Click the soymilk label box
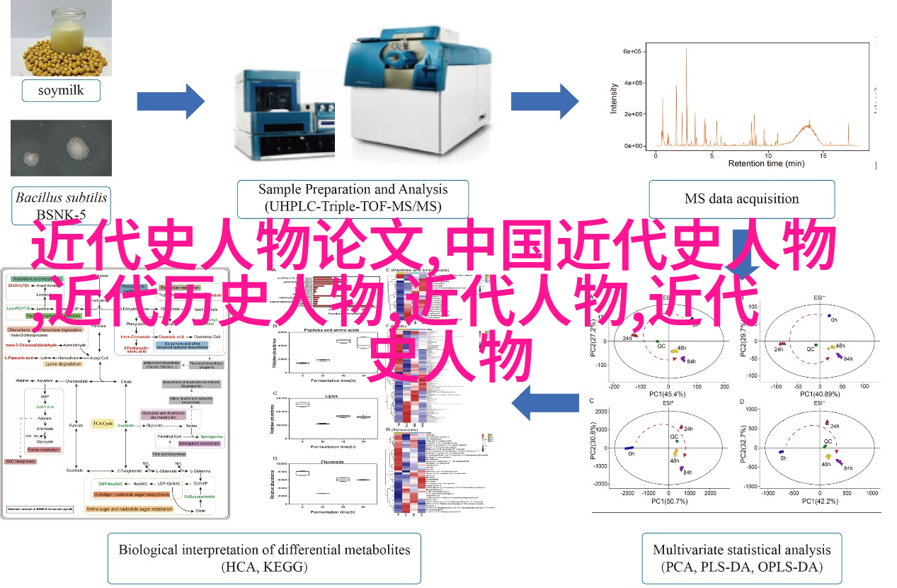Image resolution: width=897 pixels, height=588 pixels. coord(60,91)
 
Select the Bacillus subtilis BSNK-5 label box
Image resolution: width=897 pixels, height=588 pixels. coord(62,205)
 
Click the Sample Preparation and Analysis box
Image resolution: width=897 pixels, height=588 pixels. coord(353,198)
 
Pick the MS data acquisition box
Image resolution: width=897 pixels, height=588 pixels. coord(741,199)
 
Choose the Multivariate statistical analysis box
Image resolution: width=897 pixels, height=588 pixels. coord(742,558)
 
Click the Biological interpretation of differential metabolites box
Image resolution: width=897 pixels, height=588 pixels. coord(264,558)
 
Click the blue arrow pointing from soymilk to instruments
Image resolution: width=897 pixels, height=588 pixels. coord(170,101)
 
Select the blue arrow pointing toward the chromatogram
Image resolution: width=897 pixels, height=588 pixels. coord(545,101)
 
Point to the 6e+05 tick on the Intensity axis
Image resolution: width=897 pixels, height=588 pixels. coord(632,52)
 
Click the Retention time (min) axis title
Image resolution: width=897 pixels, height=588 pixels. coord(766,164)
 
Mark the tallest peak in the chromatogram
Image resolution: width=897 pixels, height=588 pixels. coord(686,57)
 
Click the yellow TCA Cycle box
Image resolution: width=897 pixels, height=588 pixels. coord(103,424)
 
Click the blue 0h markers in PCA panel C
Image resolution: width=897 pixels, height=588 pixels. coord(628,448)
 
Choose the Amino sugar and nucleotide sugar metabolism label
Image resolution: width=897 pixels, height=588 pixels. coord(129,509)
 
